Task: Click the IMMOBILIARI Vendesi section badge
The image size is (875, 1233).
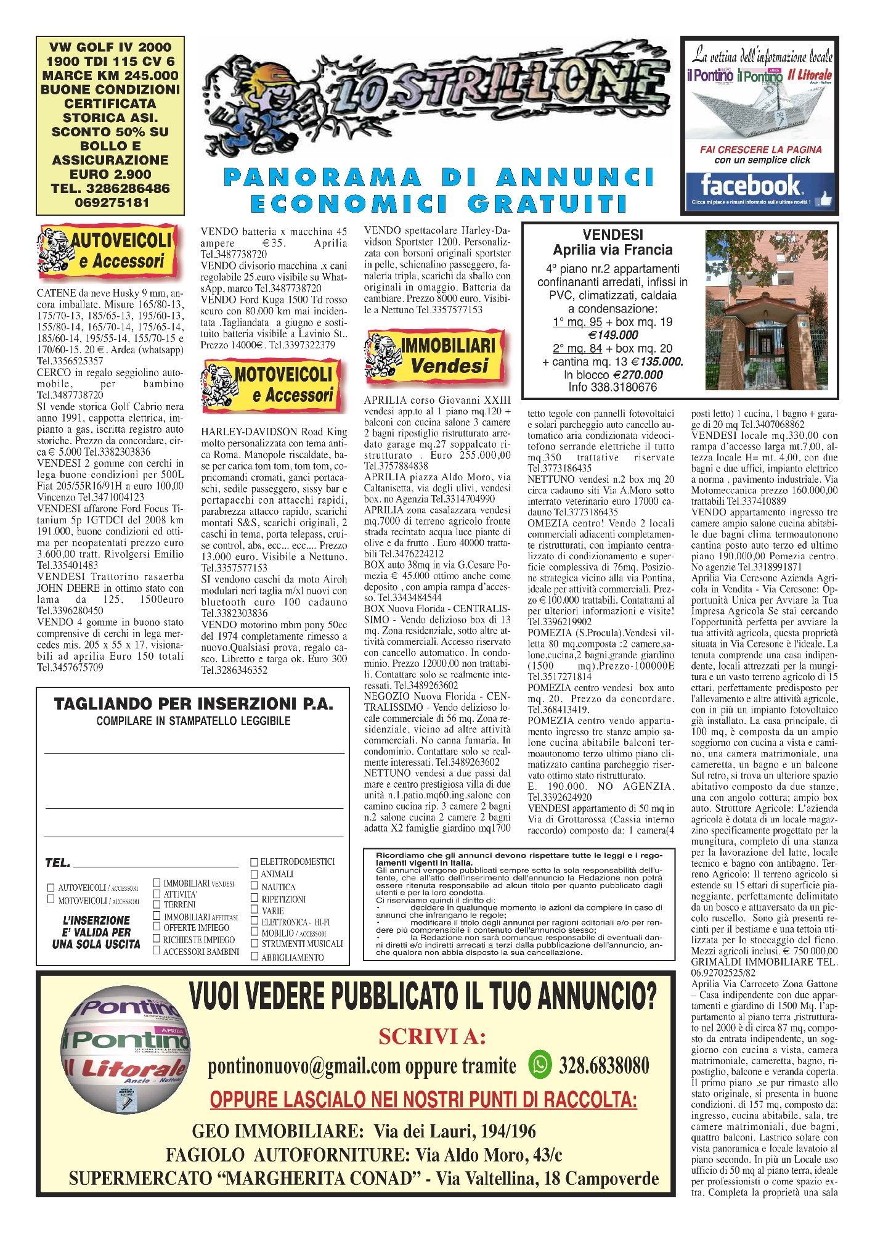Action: tap(435, 356)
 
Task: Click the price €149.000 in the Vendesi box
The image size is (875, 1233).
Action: tap(613, 335)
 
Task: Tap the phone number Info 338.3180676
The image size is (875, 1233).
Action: tap(612, 387)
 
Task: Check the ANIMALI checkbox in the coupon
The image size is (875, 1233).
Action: tap(254, 874)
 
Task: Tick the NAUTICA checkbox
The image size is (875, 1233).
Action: tap(254, 886)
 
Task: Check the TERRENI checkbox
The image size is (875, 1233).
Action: tap(157, 904)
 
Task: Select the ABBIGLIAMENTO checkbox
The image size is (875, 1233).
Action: tap(254, 957)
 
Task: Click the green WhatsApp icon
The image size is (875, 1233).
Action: tap(540, 1065)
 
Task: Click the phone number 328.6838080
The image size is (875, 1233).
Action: tap(604, 1065)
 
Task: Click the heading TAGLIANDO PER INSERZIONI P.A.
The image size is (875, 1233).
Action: tap(193, 704)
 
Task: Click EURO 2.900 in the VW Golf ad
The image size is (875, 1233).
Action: tap(110, 174)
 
